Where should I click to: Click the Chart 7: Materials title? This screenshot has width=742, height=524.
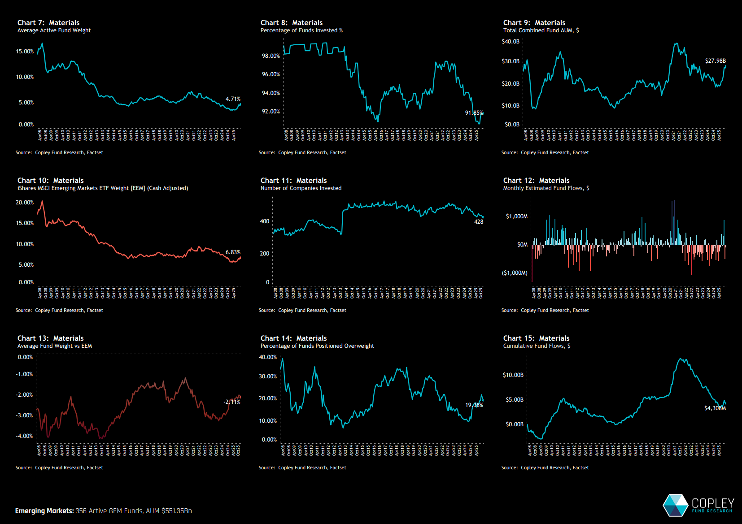coord(48,22)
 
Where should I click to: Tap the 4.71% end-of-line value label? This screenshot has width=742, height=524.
coord(233,99)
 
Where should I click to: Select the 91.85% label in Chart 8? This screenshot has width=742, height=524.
coord(474,113)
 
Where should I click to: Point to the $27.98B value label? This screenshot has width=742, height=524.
coord(715,61)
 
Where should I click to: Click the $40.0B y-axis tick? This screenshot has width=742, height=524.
coord(511,42)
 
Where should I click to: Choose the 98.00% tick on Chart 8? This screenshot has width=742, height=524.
coord(271,56)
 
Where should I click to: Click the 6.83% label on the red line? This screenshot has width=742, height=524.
coord(233,252)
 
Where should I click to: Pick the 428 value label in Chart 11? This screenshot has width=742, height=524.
coord(479,222)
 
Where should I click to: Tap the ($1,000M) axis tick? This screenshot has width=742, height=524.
coord(515,273)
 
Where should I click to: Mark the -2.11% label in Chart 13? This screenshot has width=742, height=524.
coord(232,402)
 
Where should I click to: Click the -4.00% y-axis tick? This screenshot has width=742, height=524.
coord(24,436)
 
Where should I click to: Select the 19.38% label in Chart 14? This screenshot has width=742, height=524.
coord(474,405)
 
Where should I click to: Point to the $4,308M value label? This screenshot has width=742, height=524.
coord(715,408)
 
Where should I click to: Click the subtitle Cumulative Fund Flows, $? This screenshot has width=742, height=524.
coord(537,346)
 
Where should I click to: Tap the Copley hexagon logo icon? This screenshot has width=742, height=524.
coord(675,505)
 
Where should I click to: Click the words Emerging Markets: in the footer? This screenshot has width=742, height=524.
coord(44,511)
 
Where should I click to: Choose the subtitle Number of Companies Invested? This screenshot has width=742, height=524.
coord(301,188)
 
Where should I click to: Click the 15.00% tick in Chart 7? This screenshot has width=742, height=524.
coord(25,52)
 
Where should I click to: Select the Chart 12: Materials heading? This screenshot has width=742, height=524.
coord(536,180)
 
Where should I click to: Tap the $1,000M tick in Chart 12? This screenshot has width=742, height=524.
coord(516,217)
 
